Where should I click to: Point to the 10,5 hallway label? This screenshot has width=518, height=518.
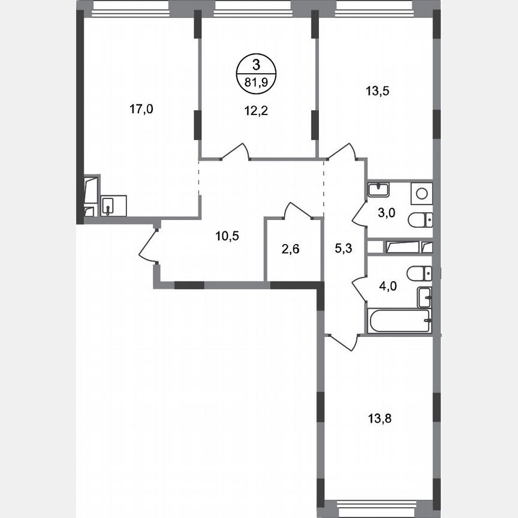[x=227, y=236]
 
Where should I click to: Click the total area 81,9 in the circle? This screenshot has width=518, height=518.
[x=257, y=83]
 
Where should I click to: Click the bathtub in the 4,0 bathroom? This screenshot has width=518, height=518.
[x=400, y=320]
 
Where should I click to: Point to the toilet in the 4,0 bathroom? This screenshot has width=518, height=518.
[x=419, y=274]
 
